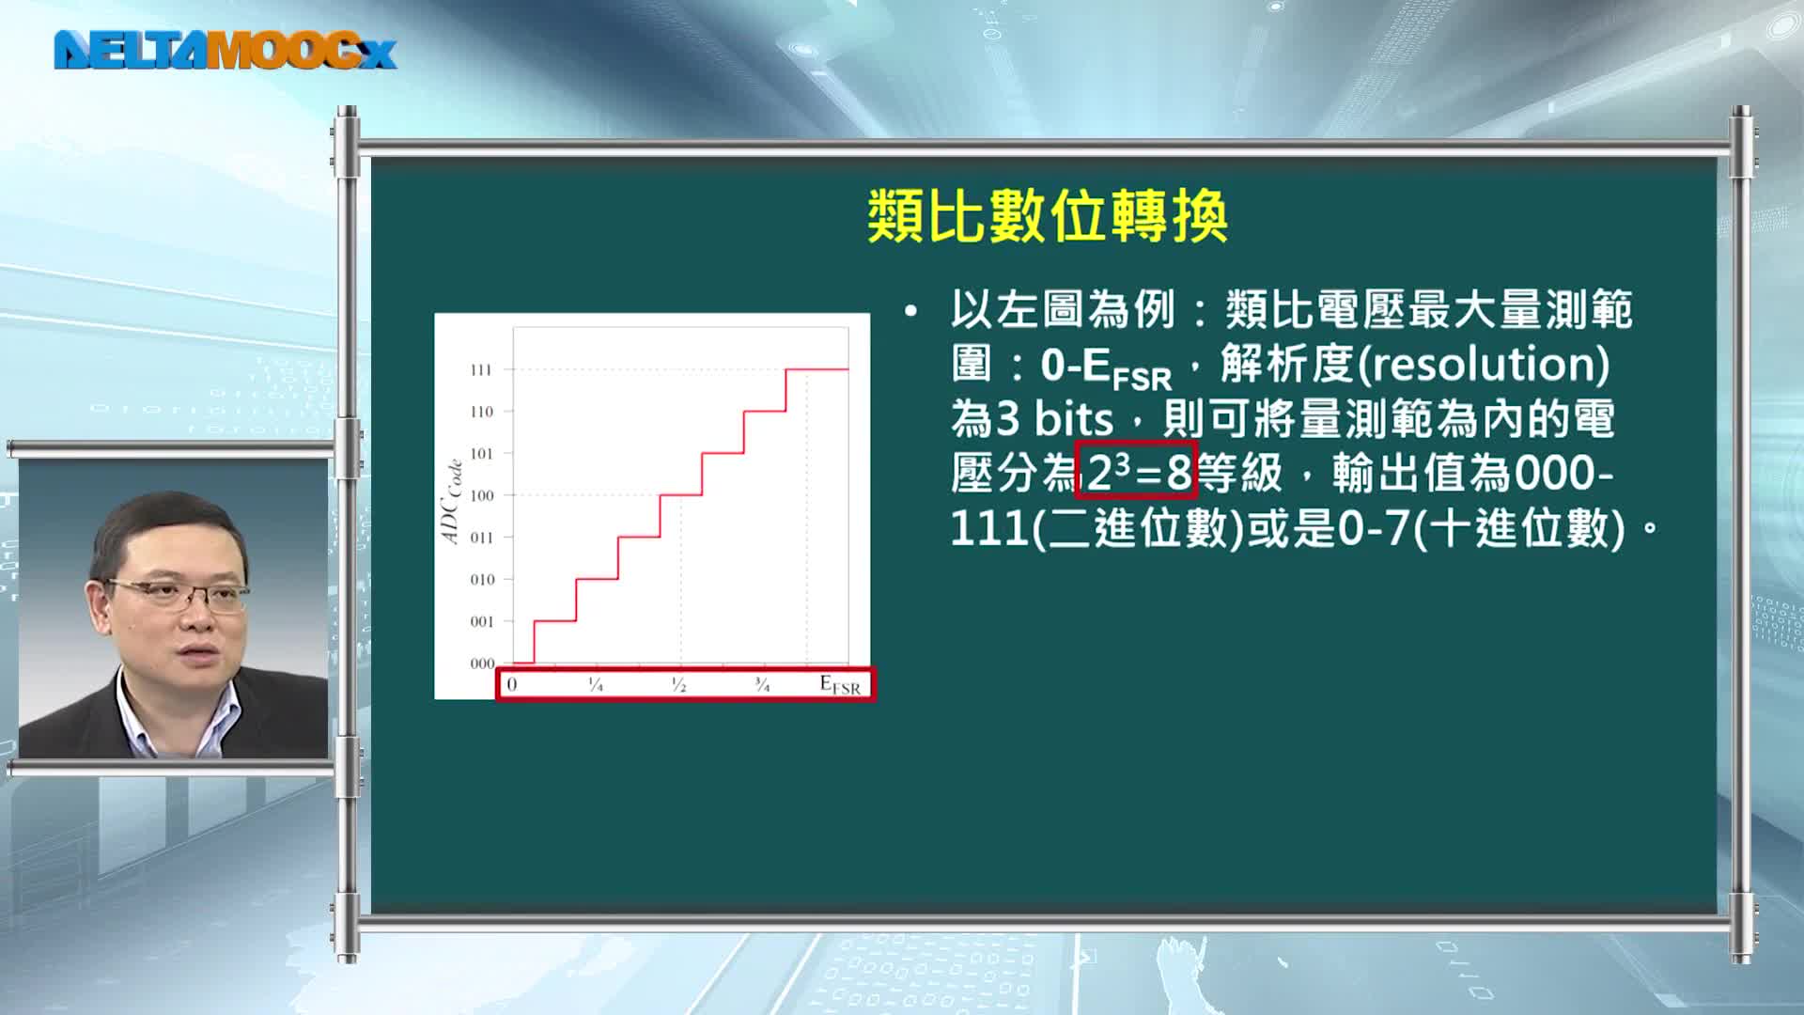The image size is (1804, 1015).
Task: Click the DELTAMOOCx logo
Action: (x=225, y=51)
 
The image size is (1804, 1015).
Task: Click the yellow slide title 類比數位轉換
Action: (x=1048, y=216)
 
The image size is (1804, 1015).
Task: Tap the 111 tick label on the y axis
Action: (x=481, y=370)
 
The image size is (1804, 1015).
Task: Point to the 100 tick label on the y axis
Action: (x=481, y=495)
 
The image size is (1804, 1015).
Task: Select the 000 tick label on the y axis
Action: (x=482, y=664)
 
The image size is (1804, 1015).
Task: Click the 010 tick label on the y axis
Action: (x=482, y=580)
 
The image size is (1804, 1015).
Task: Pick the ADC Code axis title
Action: (x=452, y=501)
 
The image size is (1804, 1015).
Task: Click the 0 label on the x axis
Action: (x=512, y=684)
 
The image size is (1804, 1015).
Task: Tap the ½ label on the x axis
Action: (x=678, y=685)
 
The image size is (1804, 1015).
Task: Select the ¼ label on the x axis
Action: (x=596, y=685)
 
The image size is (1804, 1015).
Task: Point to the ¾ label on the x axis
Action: (x=762, y=685)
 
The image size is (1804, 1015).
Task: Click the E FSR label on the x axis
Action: (x=840, y=685)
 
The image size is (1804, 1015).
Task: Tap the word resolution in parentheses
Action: (x=1484, y=364)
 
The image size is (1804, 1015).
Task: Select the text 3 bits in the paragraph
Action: (x=1054, y=418)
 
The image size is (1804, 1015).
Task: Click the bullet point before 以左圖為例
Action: (x=910, y=311)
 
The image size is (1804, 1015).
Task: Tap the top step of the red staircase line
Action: (x=816, y=369)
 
